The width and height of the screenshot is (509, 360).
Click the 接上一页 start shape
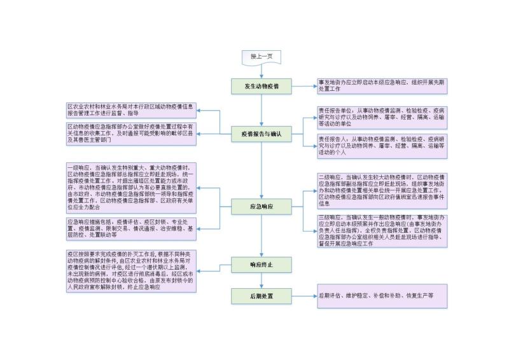[261, 57]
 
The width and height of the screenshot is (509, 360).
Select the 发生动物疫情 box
[261, 86]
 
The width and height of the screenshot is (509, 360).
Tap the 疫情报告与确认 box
[261, 134]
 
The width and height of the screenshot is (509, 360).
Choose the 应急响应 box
[261, 206]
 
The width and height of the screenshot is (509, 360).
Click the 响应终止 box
[261, 263]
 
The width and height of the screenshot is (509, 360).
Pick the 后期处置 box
[261, 296]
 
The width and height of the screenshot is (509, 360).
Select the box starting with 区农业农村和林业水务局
[131, 109]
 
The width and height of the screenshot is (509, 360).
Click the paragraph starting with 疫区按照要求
[131, 270]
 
